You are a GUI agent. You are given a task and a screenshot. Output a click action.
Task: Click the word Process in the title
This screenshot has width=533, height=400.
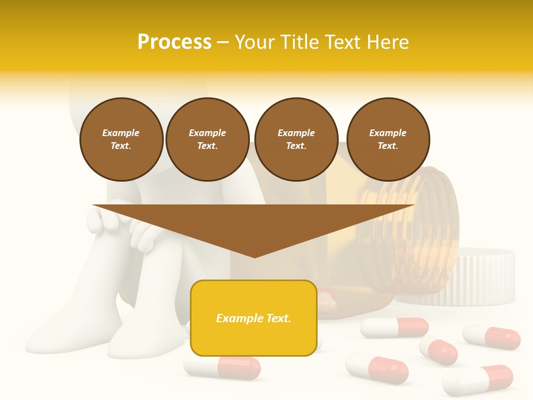[174, 42]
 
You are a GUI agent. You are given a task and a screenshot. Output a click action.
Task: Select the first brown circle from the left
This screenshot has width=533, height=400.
[121, 139]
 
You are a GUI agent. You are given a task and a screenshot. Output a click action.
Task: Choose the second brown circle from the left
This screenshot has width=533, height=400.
[207, 139]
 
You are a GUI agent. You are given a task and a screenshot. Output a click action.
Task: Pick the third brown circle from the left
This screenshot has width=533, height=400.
[296, 139]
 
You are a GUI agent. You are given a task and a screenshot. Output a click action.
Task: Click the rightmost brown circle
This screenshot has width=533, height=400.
[388, 139]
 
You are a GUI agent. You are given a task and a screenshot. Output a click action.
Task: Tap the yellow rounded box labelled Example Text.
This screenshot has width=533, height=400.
[253, 318]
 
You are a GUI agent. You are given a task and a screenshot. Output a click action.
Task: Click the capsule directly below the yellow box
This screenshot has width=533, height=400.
[222, 367]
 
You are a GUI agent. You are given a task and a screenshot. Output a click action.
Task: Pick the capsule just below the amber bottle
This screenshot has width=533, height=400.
[394, 328]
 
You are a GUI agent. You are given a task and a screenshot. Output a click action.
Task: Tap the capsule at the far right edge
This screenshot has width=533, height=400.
[492, 337]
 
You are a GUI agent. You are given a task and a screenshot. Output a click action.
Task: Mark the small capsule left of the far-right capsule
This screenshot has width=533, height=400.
[439, 351]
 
